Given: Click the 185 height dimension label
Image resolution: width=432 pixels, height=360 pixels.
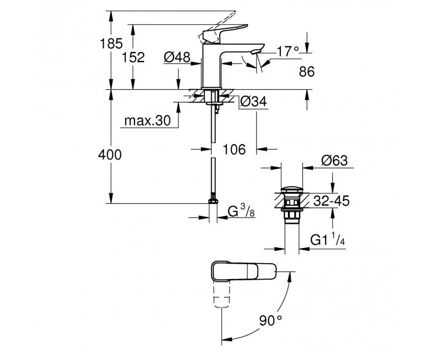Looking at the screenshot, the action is pos(111,44).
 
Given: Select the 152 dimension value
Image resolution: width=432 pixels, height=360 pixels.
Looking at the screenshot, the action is pos(133,57).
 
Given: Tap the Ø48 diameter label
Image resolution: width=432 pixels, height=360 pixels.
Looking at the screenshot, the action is pos(177,57).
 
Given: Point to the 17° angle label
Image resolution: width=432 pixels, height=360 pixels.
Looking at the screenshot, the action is pos(287,52).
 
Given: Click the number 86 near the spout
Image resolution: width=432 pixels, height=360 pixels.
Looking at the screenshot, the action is pos(307,72).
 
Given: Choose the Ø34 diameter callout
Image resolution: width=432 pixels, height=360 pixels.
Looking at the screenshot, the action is pos(254,101).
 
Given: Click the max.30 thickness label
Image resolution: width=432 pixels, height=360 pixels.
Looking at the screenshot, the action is pos(147,120).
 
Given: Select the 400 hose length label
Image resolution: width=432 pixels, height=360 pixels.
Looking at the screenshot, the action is pos(110,155).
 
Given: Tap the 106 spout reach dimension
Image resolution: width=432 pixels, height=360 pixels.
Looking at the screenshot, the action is pos(234,150).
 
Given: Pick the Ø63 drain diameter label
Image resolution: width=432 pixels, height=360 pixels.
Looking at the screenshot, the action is pos(335,160).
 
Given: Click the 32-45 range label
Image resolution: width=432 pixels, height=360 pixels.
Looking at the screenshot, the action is pos(331,201).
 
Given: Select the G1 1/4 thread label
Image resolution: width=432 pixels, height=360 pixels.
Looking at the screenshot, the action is pos(327,239).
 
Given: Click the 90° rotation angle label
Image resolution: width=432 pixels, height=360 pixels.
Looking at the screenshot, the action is pos(271,321).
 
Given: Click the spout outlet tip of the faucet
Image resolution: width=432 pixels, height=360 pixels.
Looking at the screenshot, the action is pos(256,52).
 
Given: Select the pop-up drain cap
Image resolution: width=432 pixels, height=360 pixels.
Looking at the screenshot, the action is pos(292,190).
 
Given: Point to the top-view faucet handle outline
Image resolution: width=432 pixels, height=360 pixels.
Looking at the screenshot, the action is pos(244,271).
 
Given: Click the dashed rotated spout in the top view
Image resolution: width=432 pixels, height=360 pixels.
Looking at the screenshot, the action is pos(222,295).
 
